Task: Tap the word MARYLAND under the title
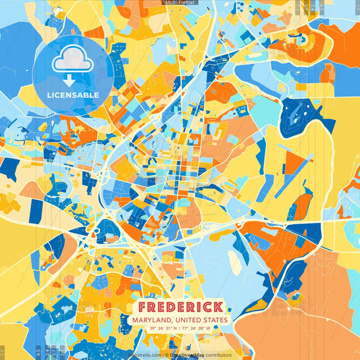[155, 319]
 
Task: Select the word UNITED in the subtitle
[192, 319]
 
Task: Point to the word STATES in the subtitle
[216, 319]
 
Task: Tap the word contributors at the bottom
[217, 355]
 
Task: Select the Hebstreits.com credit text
[143, 355]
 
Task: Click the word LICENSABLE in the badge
[74, 95]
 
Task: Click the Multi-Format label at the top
[180, 3]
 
